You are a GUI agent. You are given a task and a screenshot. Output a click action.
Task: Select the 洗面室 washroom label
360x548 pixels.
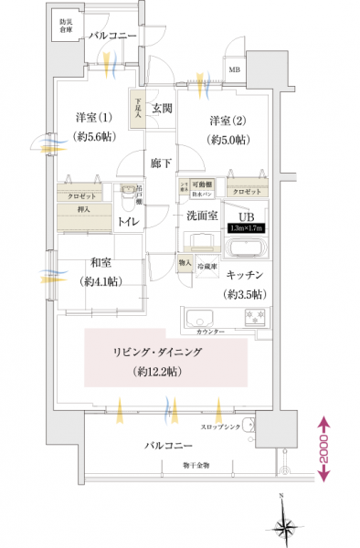point(201,216)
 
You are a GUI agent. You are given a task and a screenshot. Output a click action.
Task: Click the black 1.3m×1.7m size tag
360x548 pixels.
point(245,228)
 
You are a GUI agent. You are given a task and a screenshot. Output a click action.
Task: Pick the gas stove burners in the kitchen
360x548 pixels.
point(255,319)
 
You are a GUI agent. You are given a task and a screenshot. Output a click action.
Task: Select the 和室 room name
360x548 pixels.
point(99,260)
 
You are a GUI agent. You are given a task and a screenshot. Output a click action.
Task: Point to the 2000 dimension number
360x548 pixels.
point(325,450)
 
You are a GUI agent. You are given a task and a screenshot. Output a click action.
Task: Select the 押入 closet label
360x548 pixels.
point(72,208)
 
